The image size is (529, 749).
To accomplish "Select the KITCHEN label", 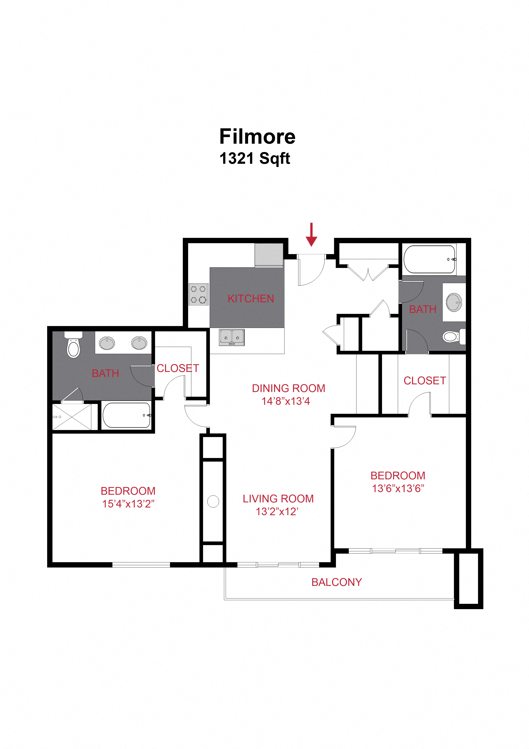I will pos(251,298).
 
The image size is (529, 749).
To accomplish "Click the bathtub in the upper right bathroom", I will pos(429,259).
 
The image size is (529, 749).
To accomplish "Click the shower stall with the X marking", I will pos(72,417).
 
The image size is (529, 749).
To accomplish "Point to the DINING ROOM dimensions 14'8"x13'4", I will pos(286,401).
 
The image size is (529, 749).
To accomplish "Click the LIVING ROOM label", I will pos(278,499).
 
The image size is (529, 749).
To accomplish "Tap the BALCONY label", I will pos(336,582).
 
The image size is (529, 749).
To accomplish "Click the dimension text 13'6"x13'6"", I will pos(398,488).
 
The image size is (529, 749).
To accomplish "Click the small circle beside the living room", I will pos(213,501).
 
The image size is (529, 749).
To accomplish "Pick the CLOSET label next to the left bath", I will pos(178,368).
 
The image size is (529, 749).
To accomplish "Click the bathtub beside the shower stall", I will pos(127,415).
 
